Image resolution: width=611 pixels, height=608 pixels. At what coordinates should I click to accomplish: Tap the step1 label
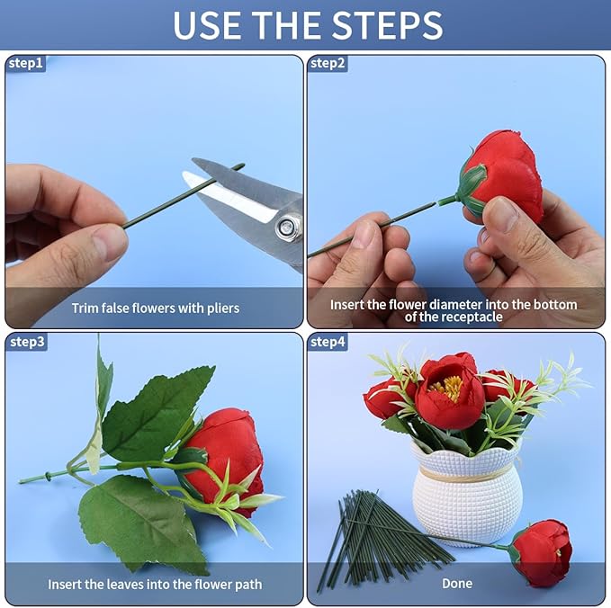tap(26, 63)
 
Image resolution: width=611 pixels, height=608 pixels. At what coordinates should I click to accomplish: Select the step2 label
tap(328, 63)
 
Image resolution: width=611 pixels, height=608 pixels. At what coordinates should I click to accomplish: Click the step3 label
tap(27, 342)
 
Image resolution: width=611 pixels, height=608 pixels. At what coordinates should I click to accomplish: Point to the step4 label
tap(328, 342)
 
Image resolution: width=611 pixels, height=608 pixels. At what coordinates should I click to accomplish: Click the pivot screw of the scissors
tap(287, 227)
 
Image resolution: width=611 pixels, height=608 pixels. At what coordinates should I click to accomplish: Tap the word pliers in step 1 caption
tap(223, 308)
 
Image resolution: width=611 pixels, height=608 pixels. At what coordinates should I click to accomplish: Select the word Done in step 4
tap(457, 583)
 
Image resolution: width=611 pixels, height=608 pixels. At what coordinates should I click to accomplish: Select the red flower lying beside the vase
tap(541, 553)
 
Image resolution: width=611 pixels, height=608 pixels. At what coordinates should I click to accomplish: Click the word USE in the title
tap(207, 25)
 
